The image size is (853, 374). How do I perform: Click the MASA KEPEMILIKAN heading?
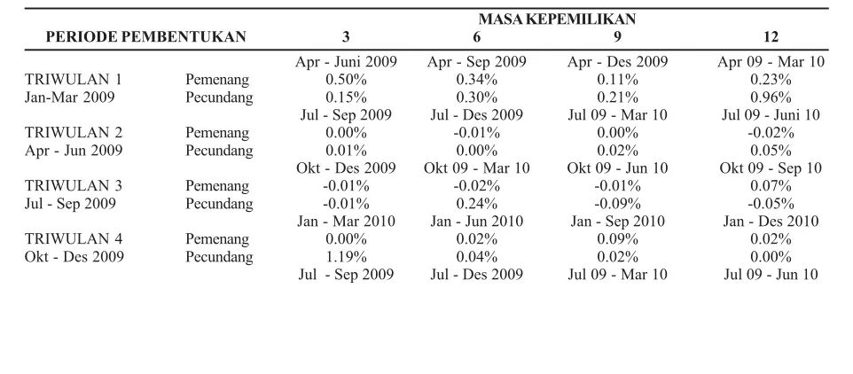click(557, 19)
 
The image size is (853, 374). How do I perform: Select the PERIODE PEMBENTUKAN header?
click(145, 37)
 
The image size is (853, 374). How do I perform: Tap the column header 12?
click(771, 37)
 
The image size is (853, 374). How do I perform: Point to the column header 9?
click(617, 37)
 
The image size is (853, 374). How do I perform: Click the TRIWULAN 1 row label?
click(74, 80)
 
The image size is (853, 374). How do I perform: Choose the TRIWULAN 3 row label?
click(74, 186)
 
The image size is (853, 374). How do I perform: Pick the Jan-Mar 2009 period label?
click(70, 97)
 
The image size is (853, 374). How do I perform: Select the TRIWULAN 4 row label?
click(74, 239)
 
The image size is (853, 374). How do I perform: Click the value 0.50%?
click(346, 80)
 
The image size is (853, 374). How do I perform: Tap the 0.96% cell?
click(771, 97)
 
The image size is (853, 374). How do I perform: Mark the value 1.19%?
click(346, 257)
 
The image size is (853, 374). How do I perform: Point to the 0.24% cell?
click(476, 204)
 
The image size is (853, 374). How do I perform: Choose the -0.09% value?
click(617, 204)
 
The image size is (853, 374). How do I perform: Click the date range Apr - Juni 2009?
click(346, 62)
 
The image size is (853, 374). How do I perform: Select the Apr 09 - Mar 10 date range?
click(771, 62)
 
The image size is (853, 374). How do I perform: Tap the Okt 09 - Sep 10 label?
click(771, 168)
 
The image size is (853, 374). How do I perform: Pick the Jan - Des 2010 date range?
click(771, 222)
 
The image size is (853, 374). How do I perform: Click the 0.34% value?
click(476, 80)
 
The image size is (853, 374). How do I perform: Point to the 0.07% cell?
click(771, 186)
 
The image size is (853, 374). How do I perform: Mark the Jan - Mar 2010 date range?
click(346, 222)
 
